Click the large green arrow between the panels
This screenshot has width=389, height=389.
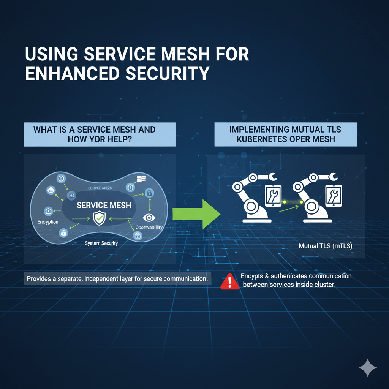[x=196, y=213]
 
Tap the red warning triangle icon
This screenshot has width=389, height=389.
[x=229, y=281]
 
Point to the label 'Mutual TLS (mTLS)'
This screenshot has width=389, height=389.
[x=326, y=246]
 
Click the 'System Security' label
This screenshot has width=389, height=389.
[x=101, y=243]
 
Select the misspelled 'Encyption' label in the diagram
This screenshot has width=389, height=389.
[x=48, y=222]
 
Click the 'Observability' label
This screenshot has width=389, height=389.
[x=149, y=227]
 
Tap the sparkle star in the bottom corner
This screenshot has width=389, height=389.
[x=368, y=367]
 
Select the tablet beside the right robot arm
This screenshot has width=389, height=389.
[x=334, y=196]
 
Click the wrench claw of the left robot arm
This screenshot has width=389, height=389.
[x=272, y=176]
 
